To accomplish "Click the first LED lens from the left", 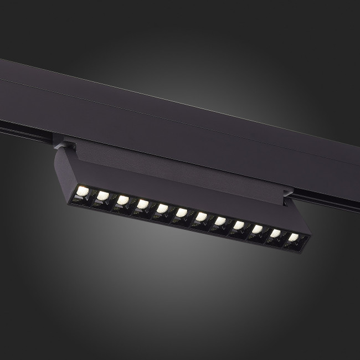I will (x=83, y=191).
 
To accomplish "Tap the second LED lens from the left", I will (x=102, y=196).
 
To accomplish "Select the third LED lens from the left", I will (x=123, y=200).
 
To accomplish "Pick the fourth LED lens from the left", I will (x=142, y=204).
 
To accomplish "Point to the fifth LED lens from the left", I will (x=162, y=209).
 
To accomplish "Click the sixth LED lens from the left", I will (x=182, y=213).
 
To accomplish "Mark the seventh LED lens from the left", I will (x=201, y=217).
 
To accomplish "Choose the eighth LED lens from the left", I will (x=220, y=222).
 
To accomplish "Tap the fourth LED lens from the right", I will (x=239, y=225).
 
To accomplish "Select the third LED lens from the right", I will (x=257, y=229).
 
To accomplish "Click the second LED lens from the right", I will (x=275, y=234).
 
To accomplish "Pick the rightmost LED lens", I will (x=293, y=238).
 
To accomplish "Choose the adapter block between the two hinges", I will (x=177, y=166).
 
